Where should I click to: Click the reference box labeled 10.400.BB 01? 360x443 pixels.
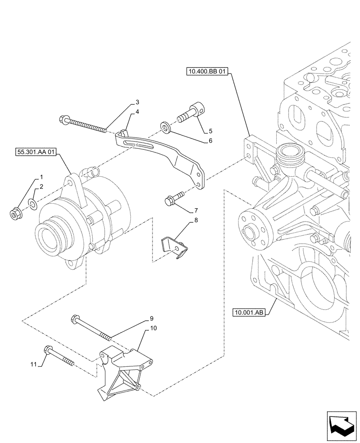click(207, 72)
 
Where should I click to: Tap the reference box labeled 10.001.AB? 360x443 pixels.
click(249, 313)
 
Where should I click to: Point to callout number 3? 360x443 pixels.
click(131, 102)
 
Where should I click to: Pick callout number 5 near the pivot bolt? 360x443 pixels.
click(211, 131)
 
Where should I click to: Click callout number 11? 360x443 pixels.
click(33, 364)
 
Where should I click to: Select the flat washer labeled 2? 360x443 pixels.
click(32, 204)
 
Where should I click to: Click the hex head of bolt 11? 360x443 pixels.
click(48, 350)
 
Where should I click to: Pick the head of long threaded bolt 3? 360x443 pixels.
click(62, 118)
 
